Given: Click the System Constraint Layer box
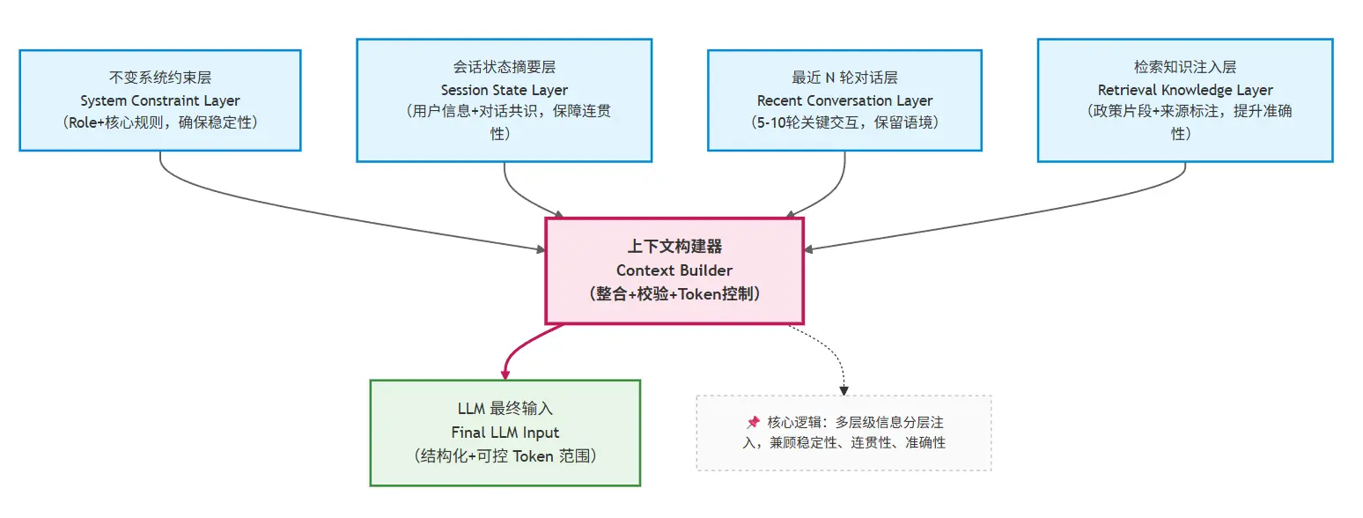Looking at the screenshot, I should click(x=160, y=100).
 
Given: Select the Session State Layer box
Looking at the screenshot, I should click(x=504, y=100).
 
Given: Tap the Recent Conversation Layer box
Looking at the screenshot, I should click(x=844, y=100).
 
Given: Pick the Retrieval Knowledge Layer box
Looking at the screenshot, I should click(x=1184, y=100).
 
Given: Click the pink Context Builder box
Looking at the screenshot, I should click(x=674, y=270).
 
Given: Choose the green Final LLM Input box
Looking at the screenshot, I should click(x=505, y=433).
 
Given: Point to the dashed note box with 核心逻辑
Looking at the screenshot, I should click(x=844, y=433).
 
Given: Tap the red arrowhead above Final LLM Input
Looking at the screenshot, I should click(x=505, y=374).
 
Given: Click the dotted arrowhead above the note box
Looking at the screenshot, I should click(x=844, y=389).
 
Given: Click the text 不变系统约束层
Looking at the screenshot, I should click(x=160, y=78).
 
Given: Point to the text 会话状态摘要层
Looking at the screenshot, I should click(x=504, y=68).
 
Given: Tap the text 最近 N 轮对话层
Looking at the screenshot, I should click(x=844, y=78).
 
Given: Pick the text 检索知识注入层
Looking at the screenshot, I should click(x=1185, y=68).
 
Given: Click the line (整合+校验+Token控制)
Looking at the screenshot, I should click(x=674, y=293).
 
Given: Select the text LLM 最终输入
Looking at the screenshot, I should click(x=505, y=411).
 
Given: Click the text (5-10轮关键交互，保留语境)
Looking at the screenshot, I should click(x=844, y=122).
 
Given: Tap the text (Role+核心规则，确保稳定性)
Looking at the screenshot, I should click(x=160, y=122).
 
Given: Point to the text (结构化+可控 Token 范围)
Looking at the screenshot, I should click(x=505, y=455).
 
